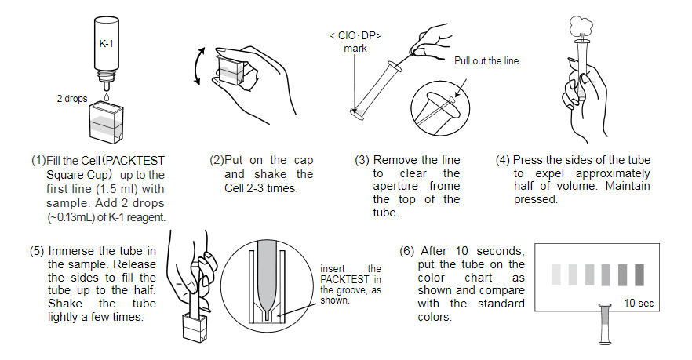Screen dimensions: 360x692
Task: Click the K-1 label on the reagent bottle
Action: point(106,44)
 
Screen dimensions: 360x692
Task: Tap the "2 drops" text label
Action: point(71,99)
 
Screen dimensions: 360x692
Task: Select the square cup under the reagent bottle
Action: point(106,125)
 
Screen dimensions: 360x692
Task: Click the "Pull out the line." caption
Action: point(487,60)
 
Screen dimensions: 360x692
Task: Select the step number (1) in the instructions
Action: point(38,160)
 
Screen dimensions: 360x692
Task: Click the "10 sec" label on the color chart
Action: point(639,303)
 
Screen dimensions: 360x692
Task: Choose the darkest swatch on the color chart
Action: point(639,274)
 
